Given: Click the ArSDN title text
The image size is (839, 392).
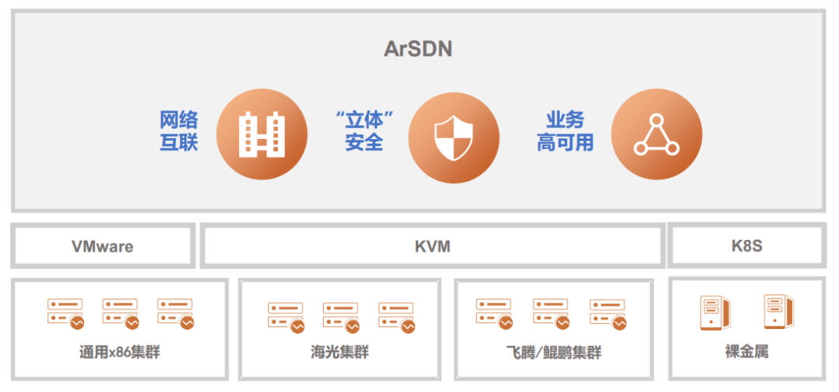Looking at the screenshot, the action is pos(418,49).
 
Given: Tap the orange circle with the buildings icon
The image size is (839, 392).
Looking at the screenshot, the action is pos(262,134).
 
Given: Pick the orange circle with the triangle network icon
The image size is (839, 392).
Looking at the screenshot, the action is pos(656,134).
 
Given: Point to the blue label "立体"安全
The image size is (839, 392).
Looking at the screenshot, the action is pos(364,131).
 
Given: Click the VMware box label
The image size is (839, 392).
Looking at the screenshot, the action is pos(103,247).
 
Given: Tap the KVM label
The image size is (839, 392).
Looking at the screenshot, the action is pos(433,247).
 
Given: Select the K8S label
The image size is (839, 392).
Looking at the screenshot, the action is pos(747,246).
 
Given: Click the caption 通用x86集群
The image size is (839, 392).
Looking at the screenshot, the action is pos(120,353).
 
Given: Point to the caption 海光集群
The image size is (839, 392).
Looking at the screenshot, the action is pos(339,353).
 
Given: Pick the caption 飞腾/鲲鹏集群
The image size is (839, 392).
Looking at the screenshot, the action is pos(553,353).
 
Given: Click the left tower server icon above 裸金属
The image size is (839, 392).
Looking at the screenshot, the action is pos(715,313).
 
